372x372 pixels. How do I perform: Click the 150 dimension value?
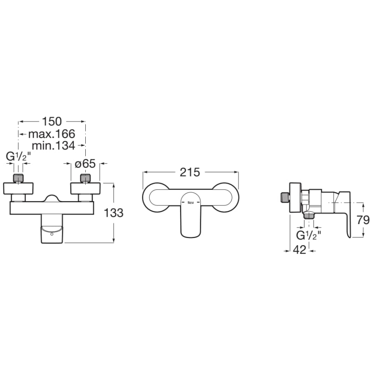[x=51, y=122]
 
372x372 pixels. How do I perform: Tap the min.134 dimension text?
[x=54, y=145]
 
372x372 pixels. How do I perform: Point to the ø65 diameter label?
[x=85, y=164]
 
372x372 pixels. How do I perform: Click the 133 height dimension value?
[x=114, y=213]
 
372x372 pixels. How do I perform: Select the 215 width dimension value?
[x=190, y=172]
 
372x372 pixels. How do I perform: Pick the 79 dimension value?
[x=363, y=220]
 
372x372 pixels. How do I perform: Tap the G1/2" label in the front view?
[x=18, y=156]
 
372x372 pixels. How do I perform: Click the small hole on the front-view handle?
[x=52, y=234]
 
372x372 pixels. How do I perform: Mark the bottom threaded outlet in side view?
[x=309, y=215]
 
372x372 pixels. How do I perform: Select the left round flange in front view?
[x=18, y=189]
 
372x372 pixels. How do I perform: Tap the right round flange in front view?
[x=85, y=189]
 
